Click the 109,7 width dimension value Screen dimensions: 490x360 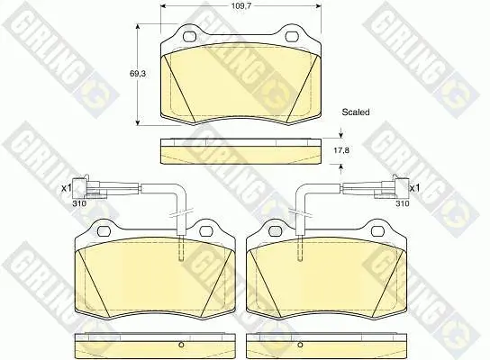click(241, 6)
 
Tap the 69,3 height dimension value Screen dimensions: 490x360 click(138, 74)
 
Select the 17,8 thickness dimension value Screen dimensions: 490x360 click(341, 150)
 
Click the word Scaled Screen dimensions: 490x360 click(356, 112)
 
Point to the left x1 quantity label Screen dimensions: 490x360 click(67, 188)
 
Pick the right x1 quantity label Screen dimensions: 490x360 click(414, 188)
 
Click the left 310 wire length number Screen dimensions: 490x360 click(79, 203)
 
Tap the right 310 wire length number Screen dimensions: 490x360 click(403, 203)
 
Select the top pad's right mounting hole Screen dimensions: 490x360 click(292, 37)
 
